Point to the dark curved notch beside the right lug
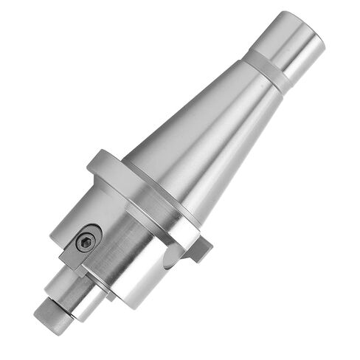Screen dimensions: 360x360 coord(171,255)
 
